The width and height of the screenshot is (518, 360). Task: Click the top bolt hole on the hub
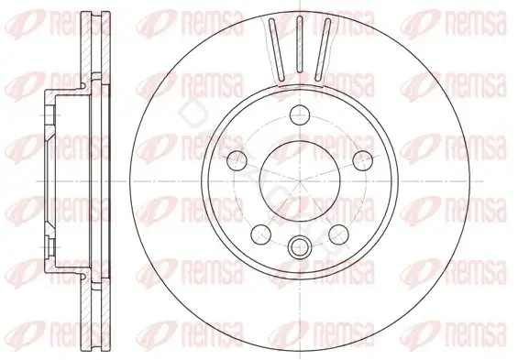300,115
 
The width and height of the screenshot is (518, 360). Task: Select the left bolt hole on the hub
237,161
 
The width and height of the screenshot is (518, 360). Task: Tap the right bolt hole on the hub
363,161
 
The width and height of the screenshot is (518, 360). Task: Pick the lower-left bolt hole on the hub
261,235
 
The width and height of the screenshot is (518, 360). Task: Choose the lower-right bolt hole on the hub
339,235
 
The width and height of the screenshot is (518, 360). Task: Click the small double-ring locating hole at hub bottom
299,246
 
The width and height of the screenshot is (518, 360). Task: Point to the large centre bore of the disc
300,181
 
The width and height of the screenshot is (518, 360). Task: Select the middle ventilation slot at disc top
300,44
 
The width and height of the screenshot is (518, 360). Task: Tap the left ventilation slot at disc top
277,49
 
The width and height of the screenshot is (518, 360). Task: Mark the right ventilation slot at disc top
323,49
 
